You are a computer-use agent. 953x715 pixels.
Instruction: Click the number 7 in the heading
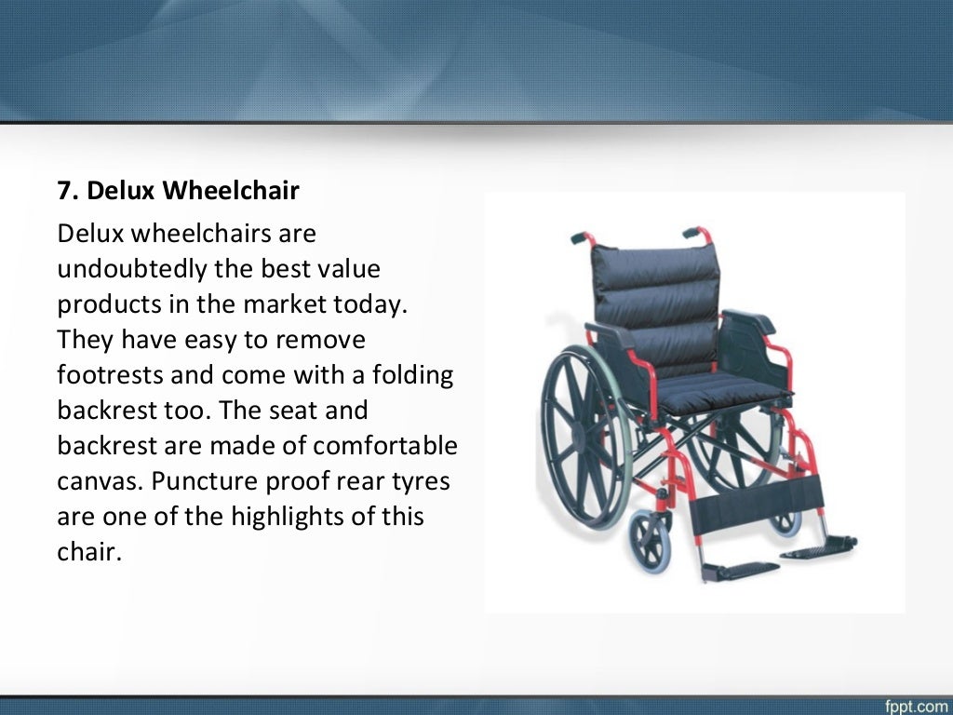(64, 191)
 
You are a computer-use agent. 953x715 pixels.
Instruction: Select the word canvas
(98, 481)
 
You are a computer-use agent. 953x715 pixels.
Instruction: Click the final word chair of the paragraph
(89, 551)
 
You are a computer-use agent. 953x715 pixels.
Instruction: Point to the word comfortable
(385, 445)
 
